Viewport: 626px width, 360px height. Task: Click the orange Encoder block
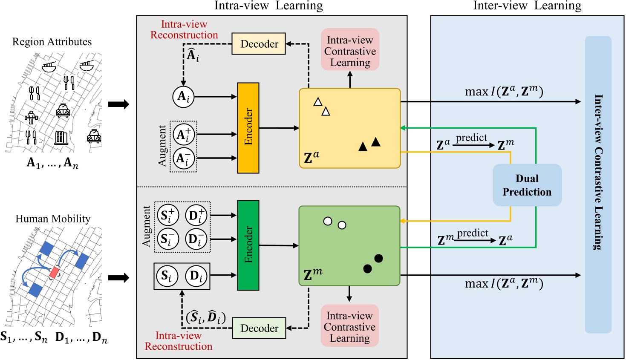click(x=248, y=128)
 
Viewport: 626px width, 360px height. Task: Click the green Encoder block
click(x=248, y=245)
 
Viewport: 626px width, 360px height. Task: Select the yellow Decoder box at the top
click(x=259, y=44)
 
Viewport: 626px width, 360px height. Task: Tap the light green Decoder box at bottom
click(x=259, y=328)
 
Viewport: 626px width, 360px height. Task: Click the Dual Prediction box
click(x=527, y=185)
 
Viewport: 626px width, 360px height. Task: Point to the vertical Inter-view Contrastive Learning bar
click(x=598, y=184)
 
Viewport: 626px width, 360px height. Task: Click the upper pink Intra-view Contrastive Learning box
click(x=350, y=50)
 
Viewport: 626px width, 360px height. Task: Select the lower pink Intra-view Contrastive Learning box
click(x=349, y=326)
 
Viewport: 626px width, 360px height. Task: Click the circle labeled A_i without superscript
click(x=183, y=97)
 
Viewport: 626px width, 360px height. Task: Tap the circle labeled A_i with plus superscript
click(x=184, y=135)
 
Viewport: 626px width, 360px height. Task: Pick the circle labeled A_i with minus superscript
click(x=184, y=158)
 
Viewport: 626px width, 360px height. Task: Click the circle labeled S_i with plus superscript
click(x=168, y=216)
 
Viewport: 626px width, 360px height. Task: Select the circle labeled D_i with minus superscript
click(x=196, y=239)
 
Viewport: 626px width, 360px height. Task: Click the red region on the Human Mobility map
click(x=54, y=272)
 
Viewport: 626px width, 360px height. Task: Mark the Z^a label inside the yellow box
click(x=312, y=157)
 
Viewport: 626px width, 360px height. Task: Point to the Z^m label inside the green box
click(x=313, y=274)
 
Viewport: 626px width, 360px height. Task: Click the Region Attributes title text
click(x=52, y=42)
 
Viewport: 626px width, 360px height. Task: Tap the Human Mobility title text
click(x=53, y=219)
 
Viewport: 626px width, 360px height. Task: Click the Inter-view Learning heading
click(x=527, y=6)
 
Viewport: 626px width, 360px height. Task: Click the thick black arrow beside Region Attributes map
click(x=118, y=104)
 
